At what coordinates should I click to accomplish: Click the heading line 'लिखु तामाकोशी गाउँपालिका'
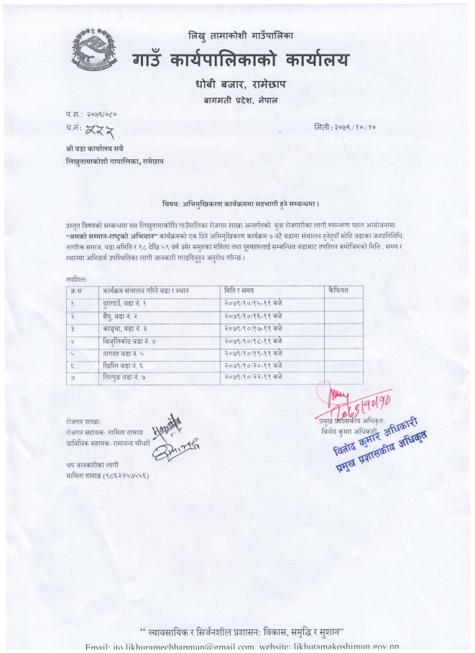[x=240, y=36]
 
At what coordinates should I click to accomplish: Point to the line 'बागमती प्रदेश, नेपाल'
[x=241, y=103]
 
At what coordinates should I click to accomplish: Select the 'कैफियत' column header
[x=338, y=291]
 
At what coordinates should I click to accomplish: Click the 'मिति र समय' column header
[x=240, y=291]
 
